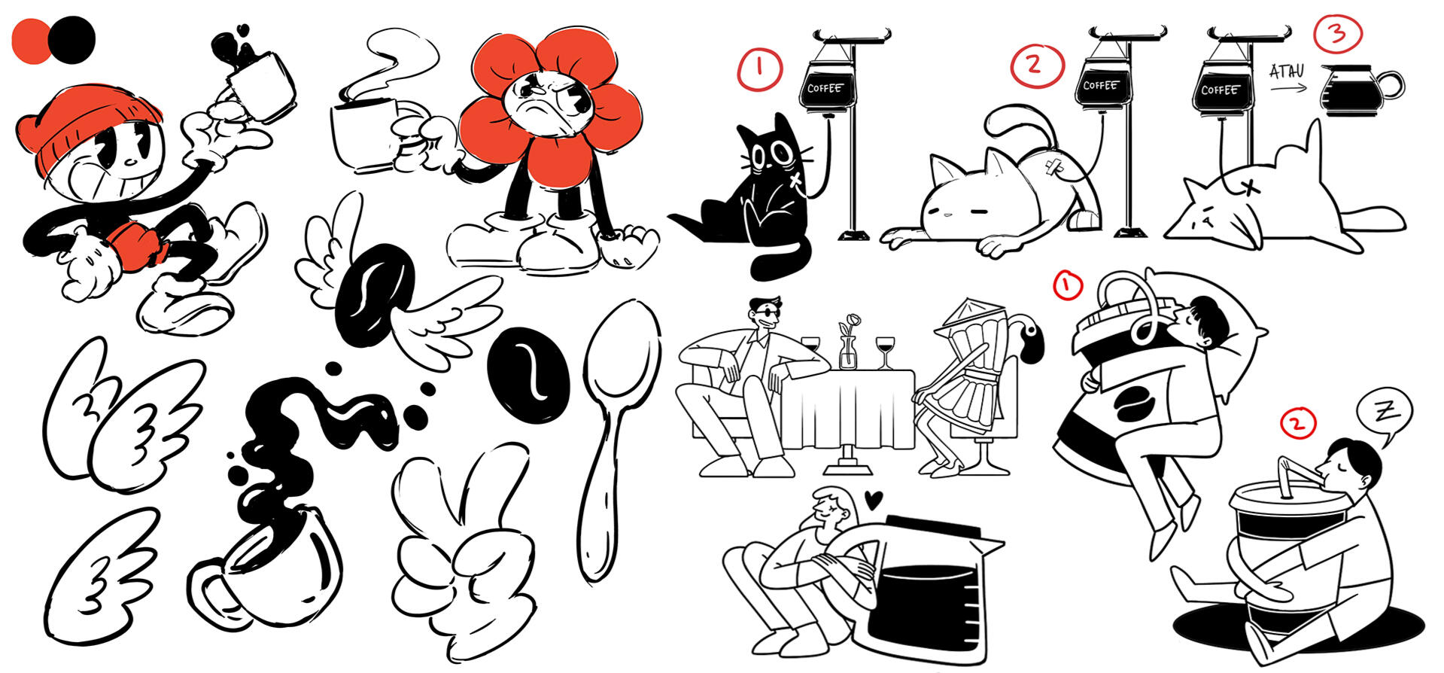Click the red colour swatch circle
pos(32,41)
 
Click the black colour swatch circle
pos(74,40)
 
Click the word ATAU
pos(1286,72)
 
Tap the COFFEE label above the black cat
pos(825,88)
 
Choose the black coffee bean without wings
pos(527,374)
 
